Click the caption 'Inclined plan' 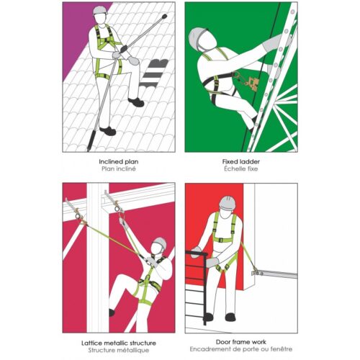click(119, 161)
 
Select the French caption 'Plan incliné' click(119, 168)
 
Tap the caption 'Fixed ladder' click(241, 161)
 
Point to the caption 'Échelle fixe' click(241, 168)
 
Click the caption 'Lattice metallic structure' click(119, 343)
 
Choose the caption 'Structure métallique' click(119, 350)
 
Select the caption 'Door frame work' click(241, 342)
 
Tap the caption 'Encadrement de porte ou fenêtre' click(241, 349)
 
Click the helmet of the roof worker click(100, 10)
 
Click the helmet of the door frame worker click(227, 202)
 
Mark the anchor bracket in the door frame click(256, 272)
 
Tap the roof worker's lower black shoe click(108, 131)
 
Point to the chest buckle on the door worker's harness click(222, 240)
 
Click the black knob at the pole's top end click(164, 17)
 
